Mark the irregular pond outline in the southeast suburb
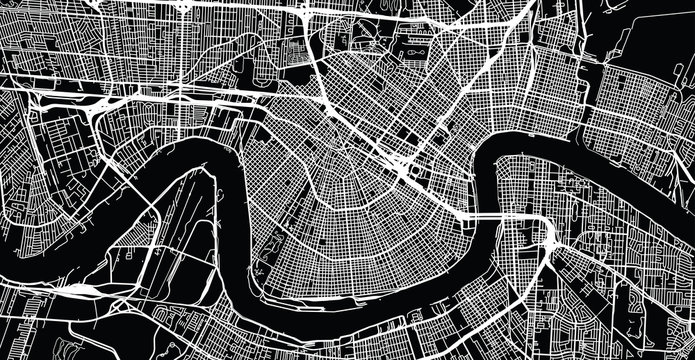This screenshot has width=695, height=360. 640,300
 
